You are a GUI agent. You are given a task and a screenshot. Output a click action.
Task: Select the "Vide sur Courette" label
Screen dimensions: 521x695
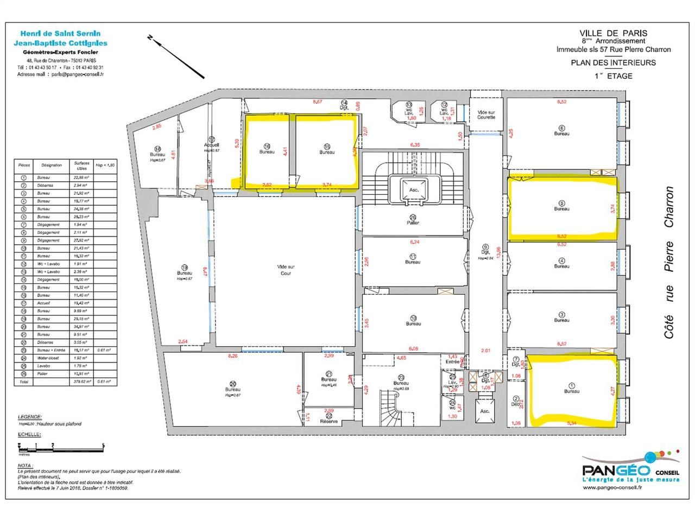coord(486,115)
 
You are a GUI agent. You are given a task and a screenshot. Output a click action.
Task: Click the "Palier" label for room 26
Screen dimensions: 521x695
coord(413,223)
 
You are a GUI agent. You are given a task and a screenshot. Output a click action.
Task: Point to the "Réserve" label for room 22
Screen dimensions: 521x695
coord(329,421)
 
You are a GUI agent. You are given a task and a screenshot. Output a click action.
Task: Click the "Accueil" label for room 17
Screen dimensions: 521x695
coord(211,145)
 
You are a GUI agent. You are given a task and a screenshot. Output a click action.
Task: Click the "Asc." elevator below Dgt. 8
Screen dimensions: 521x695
coord(485,411)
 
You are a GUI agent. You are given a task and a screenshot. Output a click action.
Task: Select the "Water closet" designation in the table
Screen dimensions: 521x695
coord(48,358)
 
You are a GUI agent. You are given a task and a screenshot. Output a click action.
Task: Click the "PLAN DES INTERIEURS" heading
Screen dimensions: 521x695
coord(613,62)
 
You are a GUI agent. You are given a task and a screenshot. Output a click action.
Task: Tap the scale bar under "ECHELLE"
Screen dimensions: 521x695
coord(61,447)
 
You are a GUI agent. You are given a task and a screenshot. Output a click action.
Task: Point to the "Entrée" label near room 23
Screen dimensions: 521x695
coord(452,361)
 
